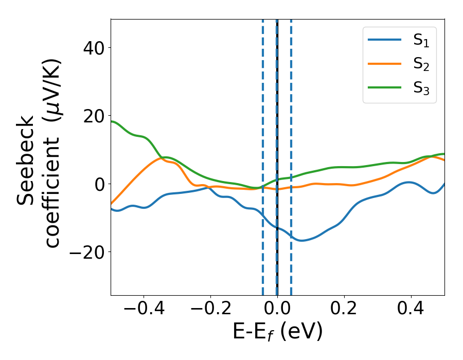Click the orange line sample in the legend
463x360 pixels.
pyautogui.click(x=385, y=64)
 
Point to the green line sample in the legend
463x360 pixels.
pyautogui.click(x=385, y=87)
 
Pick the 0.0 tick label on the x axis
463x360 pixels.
pyautogui.click(x=277, y=310)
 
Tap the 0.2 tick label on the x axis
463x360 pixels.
pyautogui.click(x=344, y=310)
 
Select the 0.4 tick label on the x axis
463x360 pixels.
pyautogui.click(x=411, y=310)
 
